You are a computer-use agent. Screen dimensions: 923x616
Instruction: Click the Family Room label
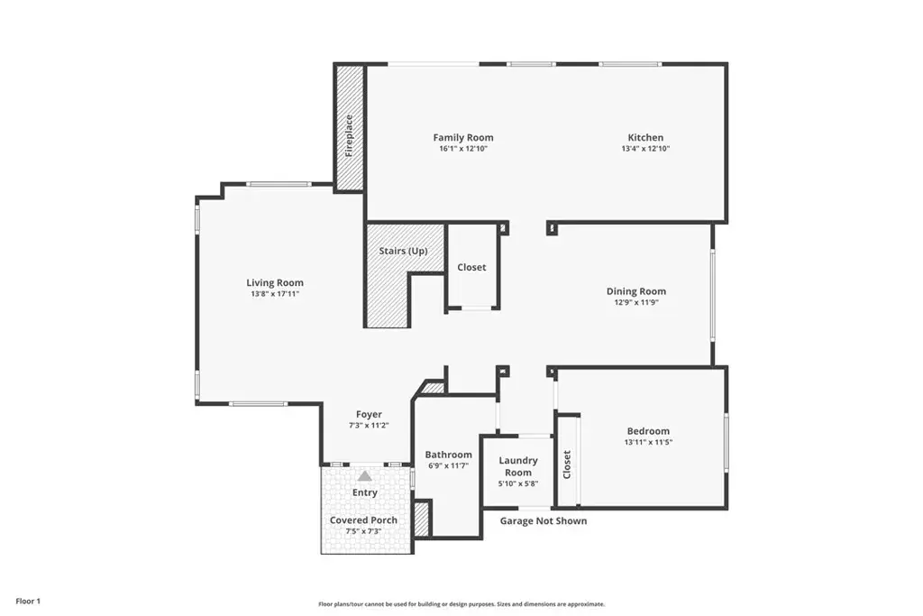pyautogui.click(x=463, y=137)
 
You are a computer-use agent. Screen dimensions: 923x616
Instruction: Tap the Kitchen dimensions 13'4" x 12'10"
pyautogui.click(x=645, y=149)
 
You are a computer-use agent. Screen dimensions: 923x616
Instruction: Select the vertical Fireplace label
pyautogui.click(x=349, y=135)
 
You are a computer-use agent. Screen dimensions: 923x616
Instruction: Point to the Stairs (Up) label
pyautogui.click(x=403, y=251)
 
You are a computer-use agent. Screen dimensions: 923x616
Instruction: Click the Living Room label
pyautogui.click(x=275, y=282)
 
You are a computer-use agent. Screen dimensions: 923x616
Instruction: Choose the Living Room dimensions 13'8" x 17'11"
pyautogui.click(x=275, y=294)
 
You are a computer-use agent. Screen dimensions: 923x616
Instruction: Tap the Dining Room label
pyautogui.click(x=636, y=291)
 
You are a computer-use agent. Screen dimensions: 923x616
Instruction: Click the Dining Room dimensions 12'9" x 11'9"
pyautogui.click(x=636, y=303)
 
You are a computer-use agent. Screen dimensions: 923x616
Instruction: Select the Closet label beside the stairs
pyautogui.click(x=471, y=267)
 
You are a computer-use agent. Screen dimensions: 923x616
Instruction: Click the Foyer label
pyautogui.click(x=369, y=415)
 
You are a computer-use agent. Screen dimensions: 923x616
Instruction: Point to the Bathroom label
pyautogui.click(x=449, y=455)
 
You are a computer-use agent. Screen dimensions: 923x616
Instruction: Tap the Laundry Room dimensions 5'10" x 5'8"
pyautogui.click(x=518, y=484)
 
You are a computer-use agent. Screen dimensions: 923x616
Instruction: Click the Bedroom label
pyautogui.click(x=648, y=431)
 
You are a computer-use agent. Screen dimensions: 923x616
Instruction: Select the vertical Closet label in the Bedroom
pyautogui.click(x=567, y=464)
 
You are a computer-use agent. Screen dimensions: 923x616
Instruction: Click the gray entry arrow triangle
pyautogui.click(x=365, y=476)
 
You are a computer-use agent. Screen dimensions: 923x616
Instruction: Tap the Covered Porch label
pyautogui.click(x=363, y=520)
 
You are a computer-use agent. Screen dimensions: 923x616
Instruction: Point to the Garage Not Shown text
pyautogui.click(x=544, y=520)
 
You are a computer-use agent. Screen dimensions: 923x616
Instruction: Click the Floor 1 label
pyautogui.click(x=28, y=602)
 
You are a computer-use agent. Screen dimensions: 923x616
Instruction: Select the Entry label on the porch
pyautogui.click(x=365, y=493)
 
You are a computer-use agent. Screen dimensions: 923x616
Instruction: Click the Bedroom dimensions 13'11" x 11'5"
pyautogui.click(x=648, y=442)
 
